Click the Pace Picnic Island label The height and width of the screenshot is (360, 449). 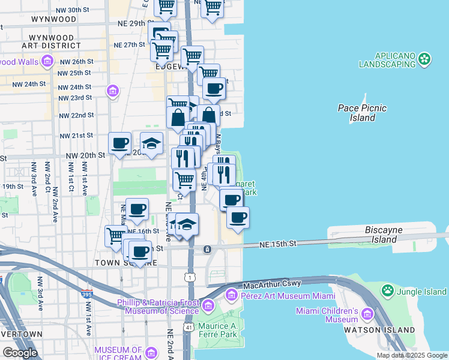[362, 113]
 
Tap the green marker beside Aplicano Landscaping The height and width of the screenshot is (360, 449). [425, 59]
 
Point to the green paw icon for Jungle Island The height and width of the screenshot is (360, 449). [388, 292]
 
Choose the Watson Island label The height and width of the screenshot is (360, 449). [388, 330]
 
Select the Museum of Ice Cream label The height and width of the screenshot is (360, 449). [118, 353]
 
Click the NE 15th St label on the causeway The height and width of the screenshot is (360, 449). [279, 244]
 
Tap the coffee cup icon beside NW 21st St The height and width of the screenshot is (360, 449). [119, 143]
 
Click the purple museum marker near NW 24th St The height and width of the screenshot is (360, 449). [112, 91]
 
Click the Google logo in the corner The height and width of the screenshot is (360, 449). [20, 353]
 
